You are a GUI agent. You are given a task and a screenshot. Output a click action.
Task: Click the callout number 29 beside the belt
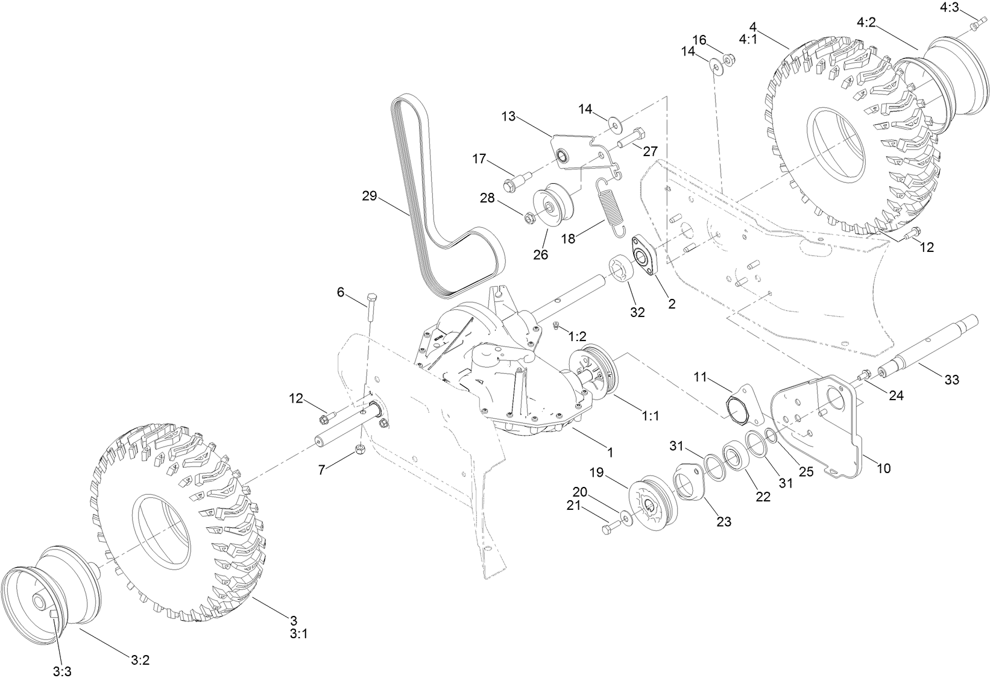tap(369, 196)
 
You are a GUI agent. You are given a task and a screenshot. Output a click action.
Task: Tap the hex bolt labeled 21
tap(610, 528)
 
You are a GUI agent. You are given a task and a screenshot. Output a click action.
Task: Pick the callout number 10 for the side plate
tap(883, 468)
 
